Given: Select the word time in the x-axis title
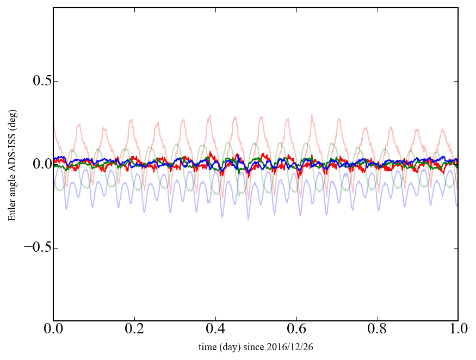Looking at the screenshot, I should pos(207,346).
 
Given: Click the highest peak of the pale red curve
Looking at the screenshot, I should pos(312,115).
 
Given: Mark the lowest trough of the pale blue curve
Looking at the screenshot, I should pos(248,219).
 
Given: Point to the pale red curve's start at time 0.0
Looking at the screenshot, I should pos(54,124).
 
